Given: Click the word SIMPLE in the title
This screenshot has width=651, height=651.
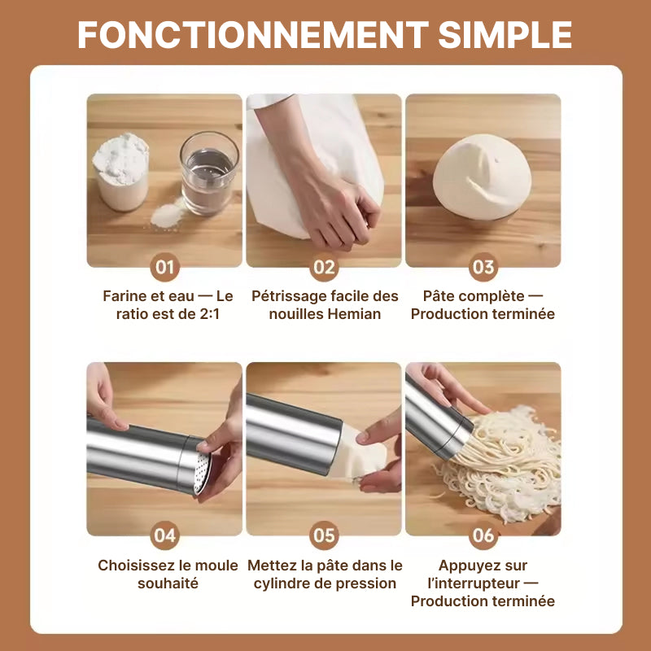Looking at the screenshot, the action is point(505,34).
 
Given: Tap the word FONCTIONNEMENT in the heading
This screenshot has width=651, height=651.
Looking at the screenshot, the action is point(253,34).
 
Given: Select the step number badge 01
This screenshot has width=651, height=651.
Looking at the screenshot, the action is point(165,267).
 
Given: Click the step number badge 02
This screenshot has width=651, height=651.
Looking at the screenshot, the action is point(324,267).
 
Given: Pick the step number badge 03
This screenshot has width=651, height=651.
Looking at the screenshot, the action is point(483,267).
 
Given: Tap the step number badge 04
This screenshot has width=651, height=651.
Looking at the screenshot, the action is point(165,535).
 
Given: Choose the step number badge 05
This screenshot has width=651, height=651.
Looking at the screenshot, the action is point(324,535).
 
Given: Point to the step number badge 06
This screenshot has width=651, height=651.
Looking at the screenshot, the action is point(483,535).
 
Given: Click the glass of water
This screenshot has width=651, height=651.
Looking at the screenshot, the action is point(209,173).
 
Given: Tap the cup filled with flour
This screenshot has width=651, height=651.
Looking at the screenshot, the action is point(120,172).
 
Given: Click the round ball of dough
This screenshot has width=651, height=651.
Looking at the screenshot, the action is point(483,177).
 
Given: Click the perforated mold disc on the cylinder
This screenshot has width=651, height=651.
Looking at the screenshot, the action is point(203,474).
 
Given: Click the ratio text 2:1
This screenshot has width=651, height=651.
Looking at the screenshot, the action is point(209,314).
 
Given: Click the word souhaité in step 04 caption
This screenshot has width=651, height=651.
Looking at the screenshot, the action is point(168,583).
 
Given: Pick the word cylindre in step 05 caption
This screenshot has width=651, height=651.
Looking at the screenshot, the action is point(282,583).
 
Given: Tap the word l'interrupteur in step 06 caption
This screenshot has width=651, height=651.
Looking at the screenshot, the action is point(474,583).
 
